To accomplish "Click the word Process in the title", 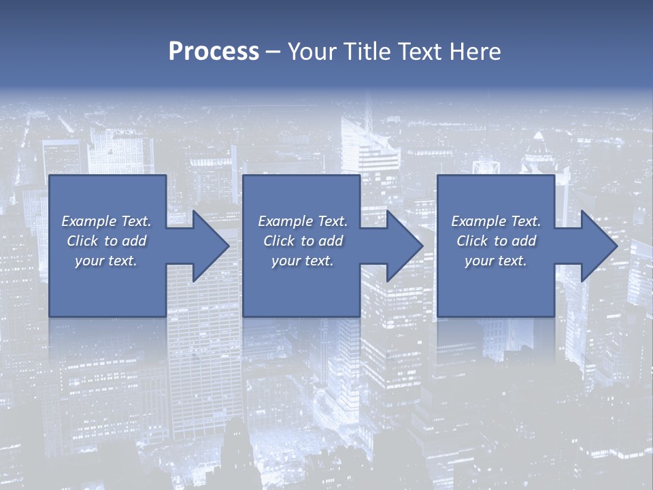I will (214, 51).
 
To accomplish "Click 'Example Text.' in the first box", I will (106, 221).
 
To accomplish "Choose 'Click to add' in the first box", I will (106, 241).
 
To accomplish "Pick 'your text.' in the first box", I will (106, 261).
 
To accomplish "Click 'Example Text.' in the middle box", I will (303, 221).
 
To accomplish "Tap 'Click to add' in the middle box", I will (303, 241).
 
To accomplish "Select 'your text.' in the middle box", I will (303, 261).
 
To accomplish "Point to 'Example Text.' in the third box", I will (496, 221).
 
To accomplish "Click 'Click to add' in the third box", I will (496, 241).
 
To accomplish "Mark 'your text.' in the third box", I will (496, 261).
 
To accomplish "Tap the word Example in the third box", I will (479, 221).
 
